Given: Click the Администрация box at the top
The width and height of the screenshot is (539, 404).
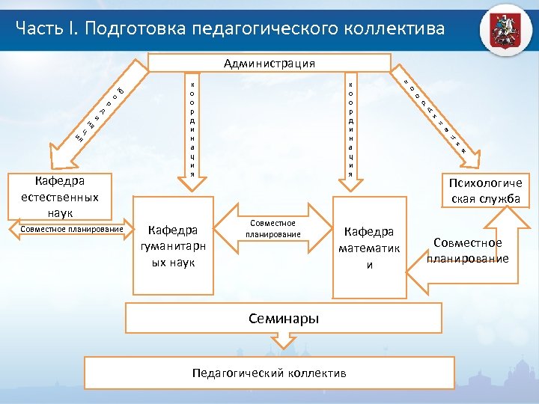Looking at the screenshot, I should [x=269, y=63].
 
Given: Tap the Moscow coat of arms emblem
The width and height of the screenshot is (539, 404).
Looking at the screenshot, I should [x=506, y=30].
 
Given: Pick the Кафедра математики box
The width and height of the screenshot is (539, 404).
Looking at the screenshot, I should [x=368, y=246].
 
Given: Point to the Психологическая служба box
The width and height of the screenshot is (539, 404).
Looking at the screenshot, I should [x=485, y=190].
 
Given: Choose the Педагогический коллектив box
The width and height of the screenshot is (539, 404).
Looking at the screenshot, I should [x=269, y=373].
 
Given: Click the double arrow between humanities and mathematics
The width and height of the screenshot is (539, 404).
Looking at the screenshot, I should [x=272, y=229].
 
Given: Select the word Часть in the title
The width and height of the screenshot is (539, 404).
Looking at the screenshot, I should [x=37, y=28].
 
